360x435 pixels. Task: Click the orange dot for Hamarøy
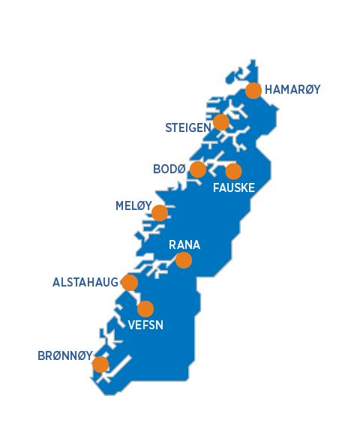253,91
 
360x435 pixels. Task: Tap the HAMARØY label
292,89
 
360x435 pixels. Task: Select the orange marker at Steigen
221,122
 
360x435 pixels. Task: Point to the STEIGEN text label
188,128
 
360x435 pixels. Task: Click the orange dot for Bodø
198,169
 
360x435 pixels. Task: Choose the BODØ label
169,169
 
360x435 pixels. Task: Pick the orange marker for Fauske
234,171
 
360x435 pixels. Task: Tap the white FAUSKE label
234,187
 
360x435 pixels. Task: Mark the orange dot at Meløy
160,213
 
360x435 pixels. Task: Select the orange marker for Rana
183,260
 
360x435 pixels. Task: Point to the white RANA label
184,245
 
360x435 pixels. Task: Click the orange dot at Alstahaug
130,283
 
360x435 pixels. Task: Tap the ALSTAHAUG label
85,283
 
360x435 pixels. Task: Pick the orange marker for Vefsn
145,309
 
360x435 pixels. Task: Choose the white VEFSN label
145,325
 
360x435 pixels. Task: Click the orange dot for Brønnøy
100,364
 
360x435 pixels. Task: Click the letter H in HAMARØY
268,89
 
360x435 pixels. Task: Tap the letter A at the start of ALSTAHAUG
56,283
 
